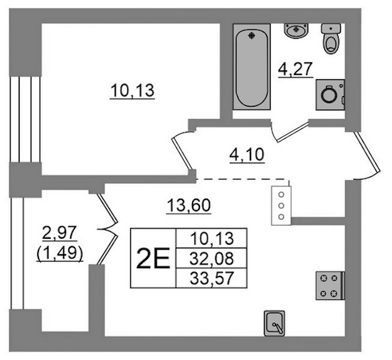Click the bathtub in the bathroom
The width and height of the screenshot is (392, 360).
point(252,67)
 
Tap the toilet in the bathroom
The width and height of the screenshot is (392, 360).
point(331,38)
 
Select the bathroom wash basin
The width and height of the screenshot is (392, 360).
point(296,31)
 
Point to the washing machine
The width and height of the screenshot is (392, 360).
point(330,95)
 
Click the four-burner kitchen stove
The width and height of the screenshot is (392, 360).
point(330,286)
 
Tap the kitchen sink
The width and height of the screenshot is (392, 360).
point(274,323)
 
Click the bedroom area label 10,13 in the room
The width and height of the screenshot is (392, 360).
point(132,91)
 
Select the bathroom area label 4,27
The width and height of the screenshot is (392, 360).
point(295,69)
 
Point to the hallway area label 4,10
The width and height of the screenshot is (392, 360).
point(247,155)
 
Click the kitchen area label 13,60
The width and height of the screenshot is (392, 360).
point(188,206)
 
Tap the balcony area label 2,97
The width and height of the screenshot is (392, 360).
point(59,233)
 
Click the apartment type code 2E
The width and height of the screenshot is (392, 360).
point(153,259)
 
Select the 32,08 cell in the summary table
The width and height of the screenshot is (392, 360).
point(211,259)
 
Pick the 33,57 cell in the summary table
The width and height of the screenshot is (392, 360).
point(211,278)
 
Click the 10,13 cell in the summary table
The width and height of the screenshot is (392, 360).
point(211,238)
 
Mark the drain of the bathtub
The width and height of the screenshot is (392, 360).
point(252,36)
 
